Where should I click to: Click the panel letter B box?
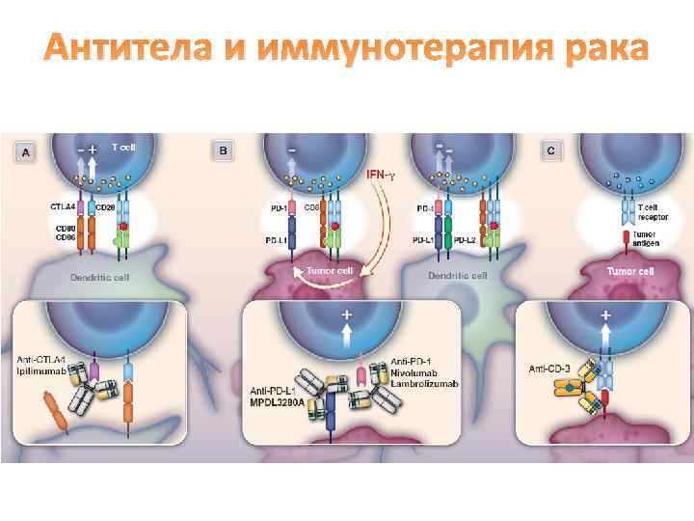click(x=224, y=151)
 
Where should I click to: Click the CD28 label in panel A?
click(x=106, y=206)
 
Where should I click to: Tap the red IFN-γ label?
click(x=382, y=175)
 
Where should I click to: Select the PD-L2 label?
click(x=467, y=240)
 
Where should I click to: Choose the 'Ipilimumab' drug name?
click(x=40, y=370)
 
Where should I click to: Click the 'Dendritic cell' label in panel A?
click(x=98, y=278)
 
